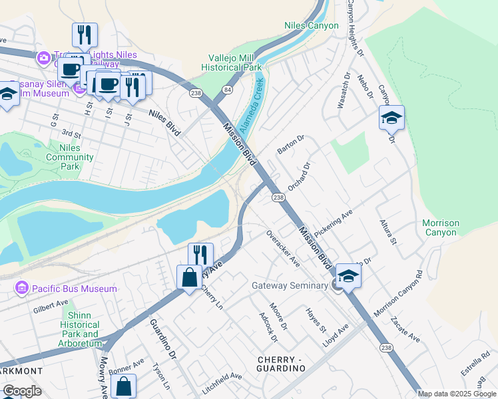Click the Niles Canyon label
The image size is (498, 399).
click(x=312, y=26)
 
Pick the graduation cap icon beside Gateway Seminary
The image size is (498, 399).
click(x=349, y=275)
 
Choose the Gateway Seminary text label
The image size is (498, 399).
click(x=290, y=286)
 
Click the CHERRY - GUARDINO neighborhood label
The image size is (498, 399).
click(x=280, y=364)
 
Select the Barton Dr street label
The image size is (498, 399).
click(x=290, y=144)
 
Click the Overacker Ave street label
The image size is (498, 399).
click(x=283, y=248)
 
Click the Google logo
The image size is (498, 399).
click(x=22, y=391)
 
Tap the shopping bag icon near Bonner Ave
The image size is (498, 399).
click(x=124, y=386)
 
